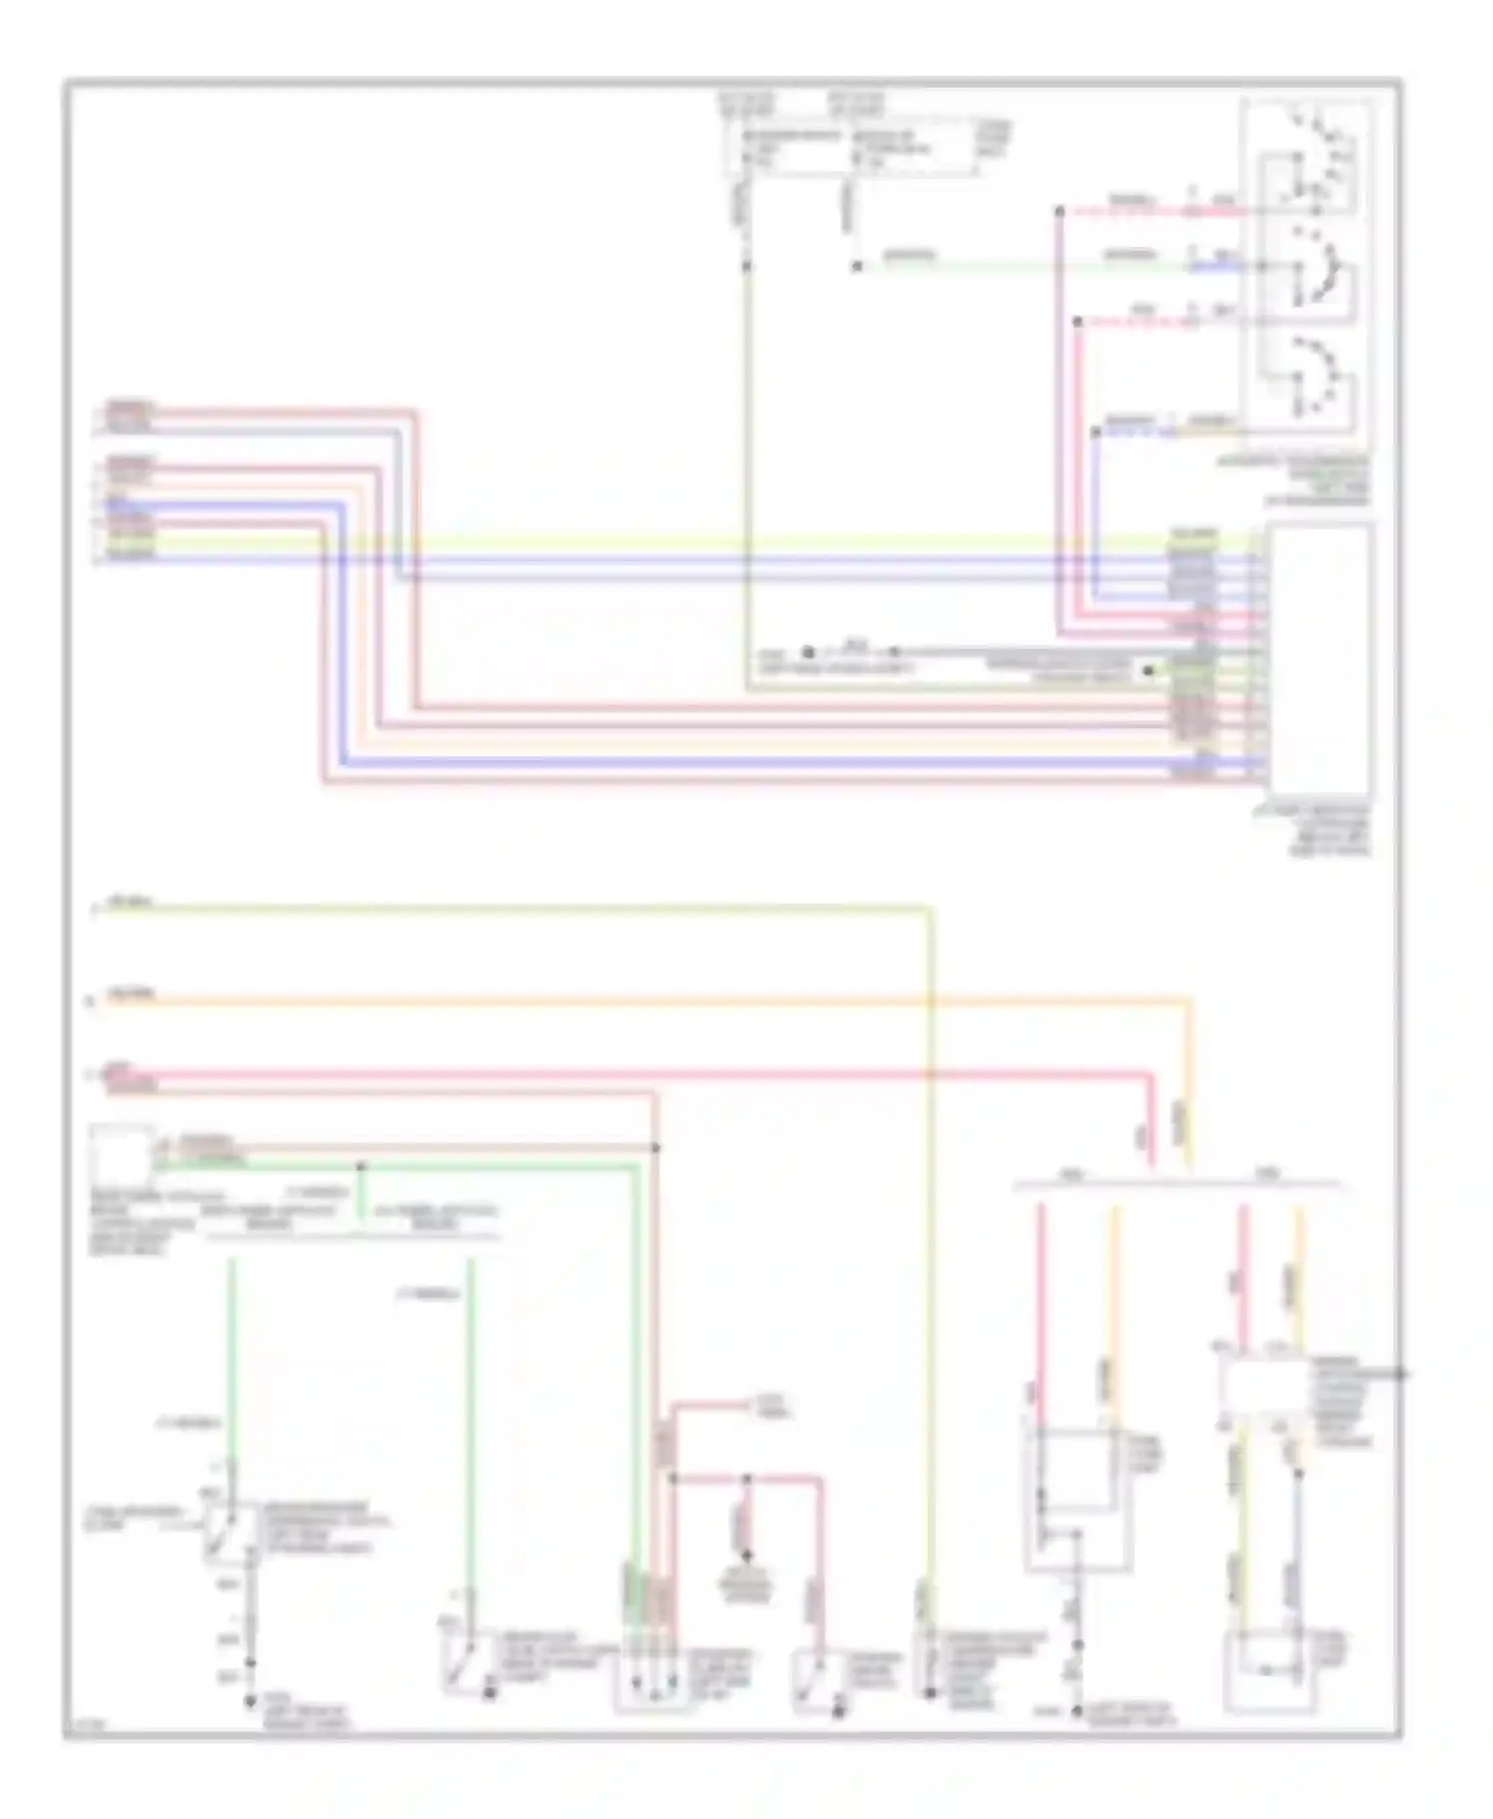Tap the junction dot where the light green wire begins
pos(856,267)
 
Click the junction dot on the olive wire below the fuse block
pos(746,267)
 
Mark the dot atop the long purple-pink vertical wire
pos(1059,211)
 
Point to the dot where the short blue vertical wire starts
pos(1095,432)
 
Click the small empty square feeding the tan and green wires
pos(121,1154)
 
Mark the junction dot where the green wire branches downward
pos(361,1165)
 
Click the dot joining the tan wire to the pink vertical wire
pos(656,1148)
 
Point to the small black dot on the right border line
pos(1401,1374)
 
